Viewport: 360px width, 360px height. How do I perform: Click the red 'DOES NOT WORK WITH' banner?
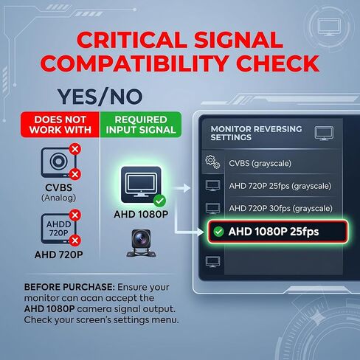pyautogui.click(x=60, y=125)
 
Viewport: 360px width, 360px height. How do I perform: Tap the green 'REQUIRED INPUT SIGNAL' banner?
pyautogui.click(x=141, y=125)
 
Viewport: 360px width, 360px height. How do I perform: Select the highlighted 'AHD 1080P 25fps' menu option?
pyautogui.click(x=278, y=232)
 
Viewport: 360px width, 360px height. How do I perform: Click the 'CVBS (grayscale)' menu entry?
pyautogui.click(x=260, y=163)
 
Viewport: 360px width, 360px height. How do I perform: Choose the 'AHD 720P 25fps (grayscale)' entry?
pyautogui.click(x=280, y=186)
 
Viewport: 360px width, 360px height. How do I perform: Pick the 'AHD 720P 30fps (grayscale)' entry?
pyautogui.click(x=280, y=209)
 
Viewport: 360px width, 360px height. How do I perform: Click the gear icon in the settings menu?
pyautogui.click(x=212, y=162)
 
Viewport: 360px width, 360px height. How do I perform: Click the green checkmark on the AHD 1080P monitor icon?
pyautogui.click(x=159, y=201)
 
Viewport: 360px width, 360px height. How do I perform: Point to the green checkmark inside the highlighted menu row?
pyautogui.click(x=218, y=232)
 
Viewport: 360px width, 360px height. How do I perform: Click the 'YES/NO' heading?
pyautogui.click(x=100, y=97)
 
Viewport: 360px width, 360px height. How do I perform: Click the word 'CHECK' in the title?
pyautogui.click(x=277, y=63)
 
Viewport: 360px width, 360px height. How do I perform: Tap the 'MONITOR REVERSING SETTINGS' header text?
pyautogui.click(x=256, y=133)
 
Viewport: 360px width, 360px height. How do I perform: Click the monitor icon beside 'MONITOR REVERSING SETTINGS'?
pyautogui.click(x=324, y=133)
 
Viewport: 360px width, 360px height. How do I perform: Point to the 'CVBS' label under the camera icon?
pyautogui.click(x=58, y=187)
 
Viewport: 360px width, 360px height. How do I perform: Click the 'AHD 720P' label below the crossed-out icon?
pyautogui.click(x=59, y=255)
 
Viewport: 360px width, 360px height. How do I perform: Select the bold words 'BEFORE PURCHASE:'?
pyautogui.click(x=69, y=287)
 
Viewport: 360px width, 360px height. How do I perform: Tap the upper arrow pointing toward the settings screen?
pyautogui.click(x=181, y=188)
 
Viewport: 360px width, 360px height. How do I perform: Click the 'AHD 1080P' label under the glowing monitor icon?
pyautogui.click(x=141, y=214)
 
